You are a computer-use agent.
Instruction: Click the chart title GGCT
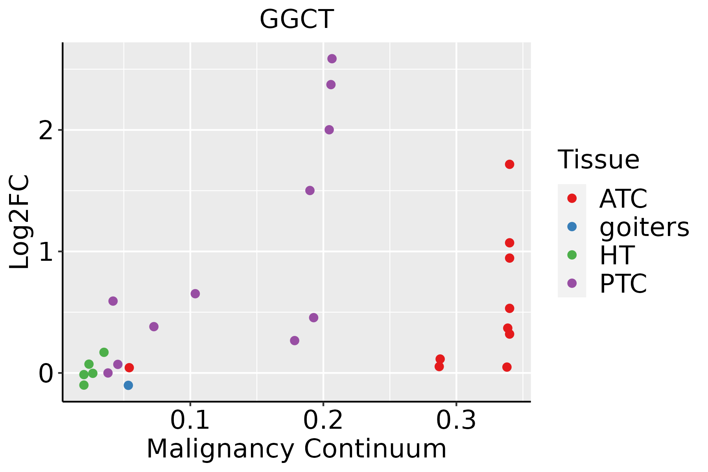tap(297, 19)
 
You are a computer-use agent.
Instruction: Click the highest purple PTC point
tap(332, 59)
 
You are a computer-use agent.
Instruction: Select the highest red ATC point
tap(509, 164)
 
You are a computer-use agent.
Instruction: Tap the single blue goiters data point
tap(128, 385)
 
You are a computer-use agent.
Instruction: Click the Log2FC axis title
tap(20, 222)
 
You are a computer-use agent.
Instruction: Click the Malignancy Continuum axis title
tap(297, 449)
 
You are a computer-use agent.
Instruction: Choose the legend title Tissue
tap(598, 160)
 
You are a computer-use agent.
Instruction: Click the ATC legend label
tap(623, 199)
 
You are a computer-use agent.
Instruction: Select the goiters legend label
tap(644, 227)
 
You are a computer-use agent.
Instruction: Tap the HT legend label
tap(617, 255)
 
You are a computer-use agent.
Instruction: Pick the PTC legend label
tap(623, 284)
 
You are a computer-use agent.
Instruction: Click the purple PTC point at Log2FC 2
tap(329, 130)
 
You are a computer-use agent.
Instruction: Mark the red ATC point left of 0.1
tap(129, 368)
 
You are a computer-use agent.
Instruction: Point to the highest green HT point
tap(104, 352)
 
